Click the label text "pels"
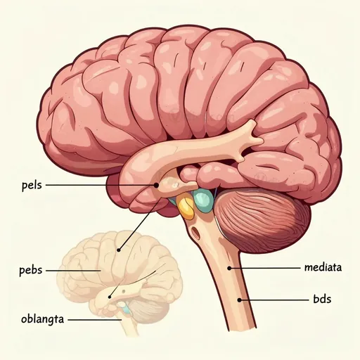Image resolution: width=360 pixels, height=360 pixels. pos(32,186)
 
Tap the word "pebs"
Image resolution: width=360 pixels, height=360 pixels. pos(31,270)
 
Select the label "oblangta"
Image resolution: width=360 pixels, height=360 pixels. pos(42,319)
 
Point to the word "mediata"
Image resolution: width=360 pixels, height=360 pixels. pos(323,267)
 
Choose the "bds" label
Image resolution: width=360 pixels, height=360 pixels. pos(322,300)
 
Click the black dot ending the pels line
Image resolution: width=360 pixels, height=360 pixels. pos(156,185)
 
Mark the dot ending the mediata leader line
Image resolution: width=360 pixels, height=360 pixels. pos(229,268)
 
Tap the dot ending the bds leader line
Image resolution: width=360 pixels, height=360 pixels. pos(239,300)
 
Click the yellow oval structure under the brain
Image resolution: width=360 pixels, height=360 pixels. pos(186,207)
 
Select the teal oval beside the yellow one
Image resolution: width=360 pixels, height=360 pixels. pos(203,200)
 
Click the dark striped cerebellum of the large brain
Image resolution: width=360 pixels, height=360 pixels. pos(262,221)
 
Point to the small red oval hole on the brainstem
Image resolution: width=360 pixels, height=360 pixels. pos(195,232)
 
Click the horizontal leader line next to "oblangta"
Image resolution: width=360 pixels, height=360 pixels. pos(95,319)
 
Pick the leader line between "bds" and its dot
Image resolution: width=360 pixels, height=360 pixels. pos(274,300)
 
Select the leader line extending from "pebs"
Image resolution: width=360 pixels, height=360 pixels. pos(73,271)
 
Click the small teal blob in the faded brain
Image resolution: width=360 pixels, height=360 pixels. pos(126,309)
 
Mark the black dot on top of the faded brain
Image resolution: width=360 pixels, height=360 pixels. pos(119,250)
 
